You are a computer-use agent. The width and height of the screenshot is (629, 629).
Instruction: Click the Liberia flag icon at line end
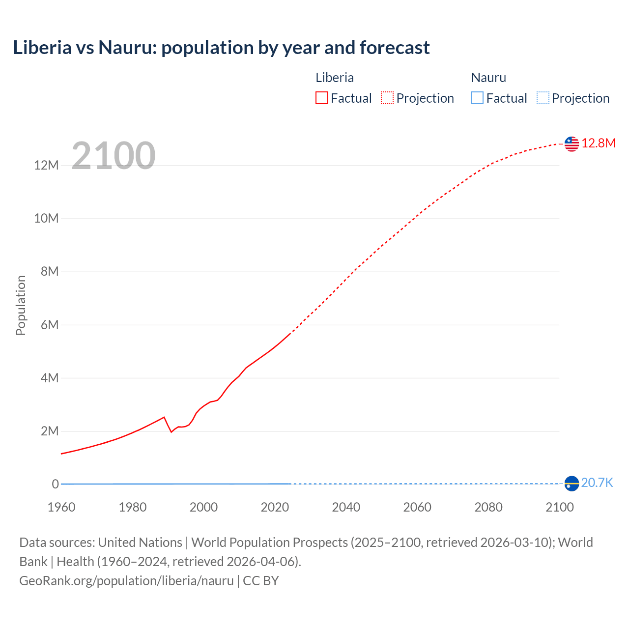tap(572, 143)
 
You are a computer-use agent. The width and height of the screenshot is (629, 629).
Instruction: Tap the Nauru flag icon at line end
tap(572, 484)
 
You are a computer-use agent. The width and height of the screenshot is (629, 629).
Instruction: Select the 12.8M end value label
tap(598, 143)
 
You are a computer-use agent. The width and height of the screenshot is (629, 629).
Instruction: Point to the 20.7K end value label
tap(597, 483)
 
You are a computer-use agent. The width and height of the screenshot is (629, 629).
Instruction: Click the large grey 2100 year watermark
tap(114, 156)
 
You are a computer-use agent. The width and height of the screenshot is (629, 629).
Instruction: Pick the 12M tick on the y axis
tap(46, 165)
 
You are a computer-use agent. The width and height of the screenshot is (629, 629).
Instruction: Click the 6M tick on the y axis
tap(49, 325)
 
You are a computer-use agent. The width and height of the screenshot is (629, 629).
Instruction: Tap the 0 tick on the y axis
tap(55, 484)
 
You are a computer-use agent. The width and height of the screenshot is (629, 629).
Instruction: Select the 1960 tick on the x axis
tap(61, 507)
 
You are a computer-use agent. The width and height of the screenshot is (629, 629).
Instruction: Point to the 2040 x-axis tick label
tap(346, 507)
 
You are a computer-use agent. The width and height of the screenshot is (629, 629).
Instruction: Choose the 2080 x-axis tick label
tap(488, 507)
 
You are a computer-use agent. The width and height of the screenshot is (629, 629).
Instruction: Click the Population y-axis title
tap(21, 305)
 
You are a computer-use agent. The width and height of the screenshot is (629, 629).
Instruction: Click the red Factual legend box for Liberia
tap(321, 98)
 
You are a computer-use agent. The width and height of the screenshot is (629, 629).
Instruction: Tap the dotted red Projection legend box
tap(387, 98)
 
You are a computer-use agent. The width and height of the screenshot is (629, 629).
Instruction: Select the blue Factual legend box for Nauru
tap(477, 98)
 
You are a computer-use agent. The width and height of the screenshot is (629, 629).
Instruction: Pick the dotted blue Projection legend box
tap(543, 98)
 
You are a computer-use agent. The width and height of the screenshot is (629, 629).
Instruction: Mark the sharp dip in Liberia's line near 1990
tap(171, 431)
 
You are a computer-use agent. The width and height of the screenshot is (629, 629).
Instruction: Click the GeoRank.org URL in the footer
tap(126, 581)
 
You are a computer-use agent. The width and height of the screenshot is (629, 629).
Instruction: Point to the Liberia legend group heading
tap(334, 78)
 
